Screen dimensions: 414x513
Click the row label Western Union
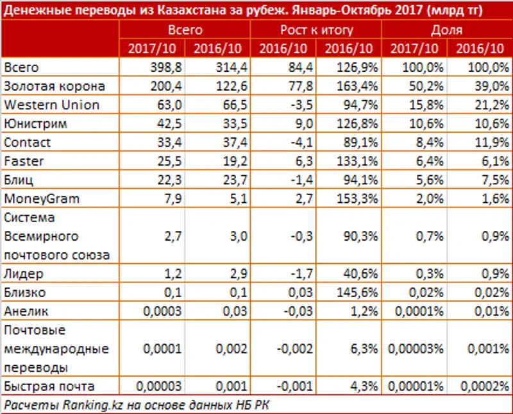[x=51, y=105]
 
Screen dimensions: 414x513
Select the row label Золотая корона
[x=54, y=86]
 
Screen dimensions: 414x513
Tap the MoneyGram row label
[x=42, y=198]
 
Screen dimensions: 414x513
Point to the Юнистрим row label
[x=35, y=123]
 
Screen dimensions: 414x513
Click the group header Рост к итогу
[x=315, y=30]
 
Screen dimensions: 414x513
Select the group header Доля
[x=446, y=30]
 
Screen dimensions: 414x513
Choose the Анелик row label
[x=26, y=311]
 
